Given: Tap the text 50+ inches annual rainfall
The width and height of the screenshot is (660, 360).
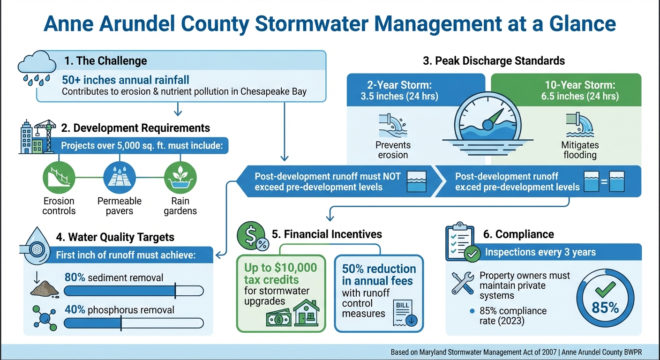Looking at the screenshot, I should coord(126,80).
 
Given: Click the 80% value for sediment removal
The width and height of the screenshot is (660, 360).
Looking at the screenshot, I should coord(75,277).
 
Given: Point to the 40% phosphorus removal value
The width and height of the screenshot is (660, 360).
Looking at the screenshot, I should coord(75,310).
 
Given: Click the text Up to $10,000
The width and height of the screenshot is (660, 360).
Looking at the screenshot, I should coord(280,268).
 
